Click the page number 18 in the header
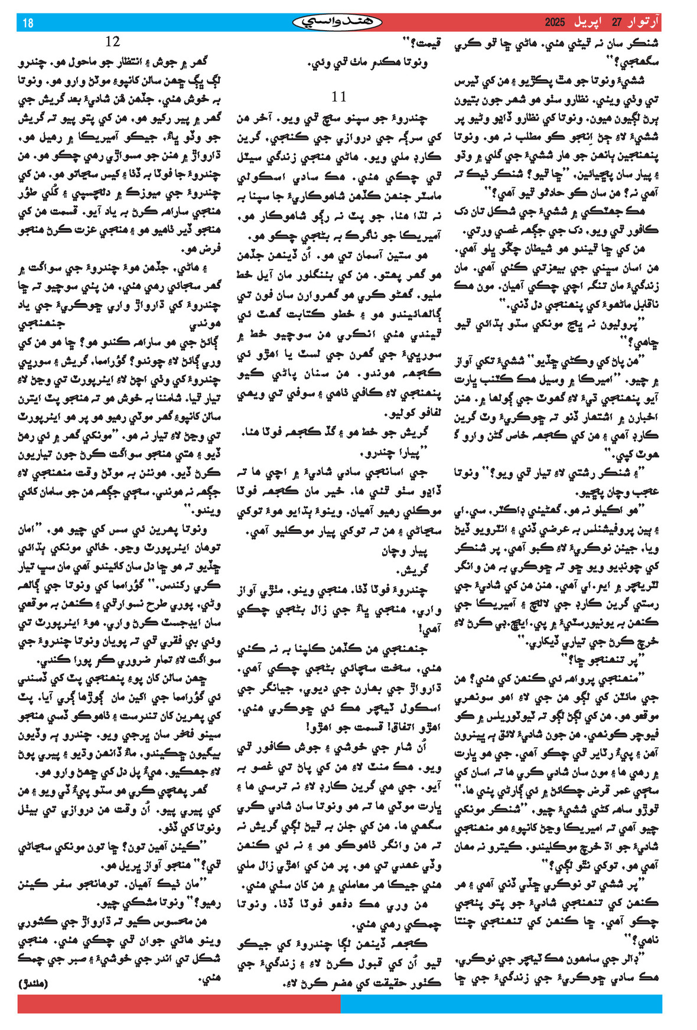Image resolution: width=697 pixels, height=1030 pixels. coord(28,23)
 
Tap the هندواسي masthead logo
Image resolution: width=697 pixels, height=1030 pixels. coord(337,22)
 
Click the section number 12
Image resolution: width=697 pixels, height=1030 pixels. coord(112,41)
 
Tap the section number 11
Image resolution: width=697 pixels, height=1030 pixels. coord(338,96)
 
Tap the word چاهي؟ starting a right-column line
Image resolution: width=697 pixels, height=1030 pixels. coord(644,341)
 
